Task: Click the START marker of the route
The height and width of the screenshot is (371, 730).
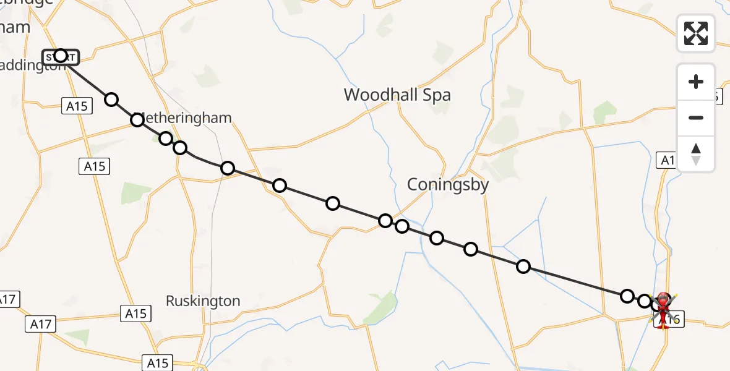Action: click(61, 56)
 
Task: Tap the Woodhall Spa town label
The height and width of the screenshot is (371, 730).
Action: click(397, 95)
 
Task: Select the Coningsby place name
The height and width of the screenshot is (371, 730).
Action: click(448, 184)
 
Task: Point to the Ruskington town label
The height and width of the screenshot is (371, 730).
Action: click(203, 301)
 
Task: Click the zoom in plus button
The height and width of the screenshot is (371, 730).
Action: click(696, 82)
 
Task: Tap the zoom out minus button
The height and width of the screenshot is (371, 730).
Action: click(696, 117)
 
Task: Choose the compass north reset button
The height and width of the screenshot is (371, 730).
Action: click(696, 153)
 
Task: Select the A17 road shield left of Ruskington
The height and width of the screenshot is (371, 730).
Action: click(41, 323)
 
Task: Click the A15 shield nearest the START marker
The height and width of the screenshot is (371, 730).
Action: click(77, 106)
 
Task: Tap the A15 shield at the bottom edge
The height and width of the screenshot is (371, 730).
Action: click(157, 362)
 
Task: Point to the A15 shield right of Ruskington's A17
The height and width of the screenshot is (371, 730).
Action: click(135, 313)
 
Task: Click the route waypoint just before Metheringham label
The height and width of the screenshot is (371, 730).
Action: click(137, 120)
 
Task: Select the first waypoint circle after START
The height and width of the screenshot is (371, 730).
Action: click(111, 100)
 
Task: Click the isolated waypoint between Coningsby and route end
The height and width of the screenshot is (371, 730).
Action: click(523, 267)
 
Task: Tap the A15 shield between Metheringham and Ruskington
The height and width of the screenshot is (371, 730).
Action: click(95, 166)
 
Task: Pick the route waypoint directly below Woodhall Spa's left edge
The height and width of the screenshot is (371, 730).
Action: click(333, 203)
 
